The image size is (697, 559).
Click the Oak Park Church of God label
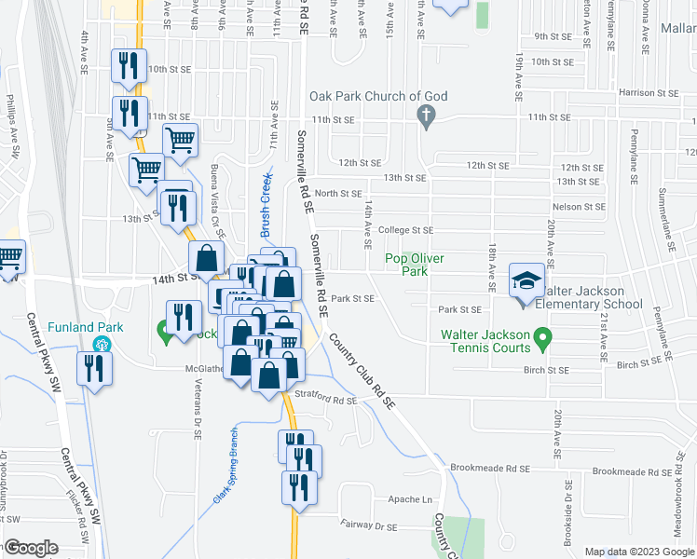(x=379, y=96)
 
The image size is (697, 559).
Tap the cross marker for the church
(x=426, y=117)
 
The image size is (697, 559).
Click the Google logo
(x=31, y=548)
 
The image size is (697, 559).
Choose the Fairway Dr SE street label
(x=369, y=526)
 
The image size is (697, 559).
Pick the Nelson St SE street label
(x=580, y=206)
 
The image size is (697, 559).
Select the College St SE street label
(x=410, y=230)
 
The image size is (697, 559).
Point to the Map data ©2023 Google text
(x=638, y=552)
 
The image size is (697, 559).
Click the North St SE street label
(x=337, y=194)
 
